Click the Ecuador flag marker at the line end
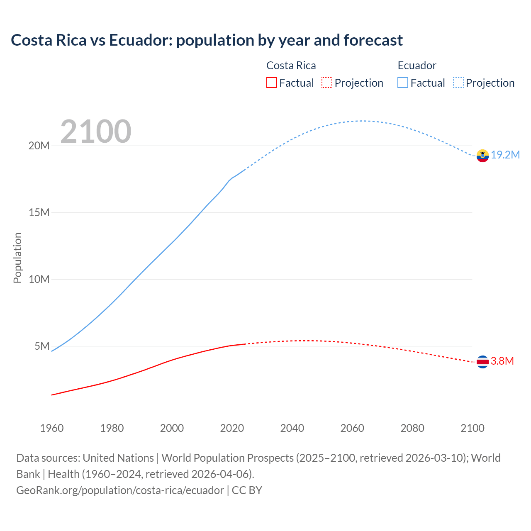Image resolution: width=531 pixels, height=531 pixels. click(x=482, y=156)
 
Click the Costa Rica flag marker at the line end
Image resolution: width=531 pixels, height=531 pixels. click(x=482, y=362)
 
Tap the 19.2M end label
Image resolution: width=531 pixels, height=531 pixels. click(x=505, y=155)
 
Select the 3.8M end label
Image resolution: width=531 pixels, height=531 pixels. click(x=502, y=361)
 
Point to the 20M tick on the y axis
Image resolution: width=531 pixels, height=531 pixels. click(x=39, y=146)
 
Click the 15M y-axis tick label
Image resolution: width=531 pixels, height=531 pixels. click(x=39, y=212)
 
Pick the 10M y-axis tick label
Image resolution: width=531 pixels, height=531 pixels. click(x=39, y=279)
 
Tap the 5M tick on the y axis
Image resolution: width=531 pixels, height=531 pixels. click(x=42, y=346)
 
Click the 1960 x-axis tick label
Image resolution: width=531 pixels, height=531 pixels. click(x=52, y=428)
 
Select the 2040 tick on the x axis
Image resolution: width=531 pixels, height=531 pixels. click(x=292, y=428)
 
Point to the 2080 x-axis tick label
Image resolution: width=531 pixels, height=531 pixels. click(x=412, y=428)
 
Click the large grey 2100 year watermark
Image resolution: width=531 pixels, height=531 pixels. click(x=96, y=132)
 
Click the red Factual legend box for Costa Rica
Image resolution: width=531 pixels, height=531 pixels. click(x=271, y=83)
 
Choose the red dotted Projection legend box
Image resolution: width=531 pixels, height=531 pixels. click(x=327, y=83)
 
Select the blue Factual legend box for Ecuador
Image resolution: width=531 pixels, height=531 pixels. click(x=402, y=83)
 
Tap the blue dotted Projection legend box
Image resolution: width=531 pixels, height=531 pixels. click(x=458, y=83)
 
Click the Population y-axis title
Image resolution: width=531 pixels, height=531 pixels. click(x=17, y=258)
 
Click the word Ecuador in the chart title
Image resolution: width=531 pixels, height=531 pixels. click(x=140, y=40)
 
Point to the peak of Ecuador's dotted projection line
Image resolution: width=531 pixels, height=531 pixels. click(x=362, y=121)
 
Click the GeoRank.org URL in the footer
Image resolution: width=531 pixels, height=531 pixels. click(x=120, y=490)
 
